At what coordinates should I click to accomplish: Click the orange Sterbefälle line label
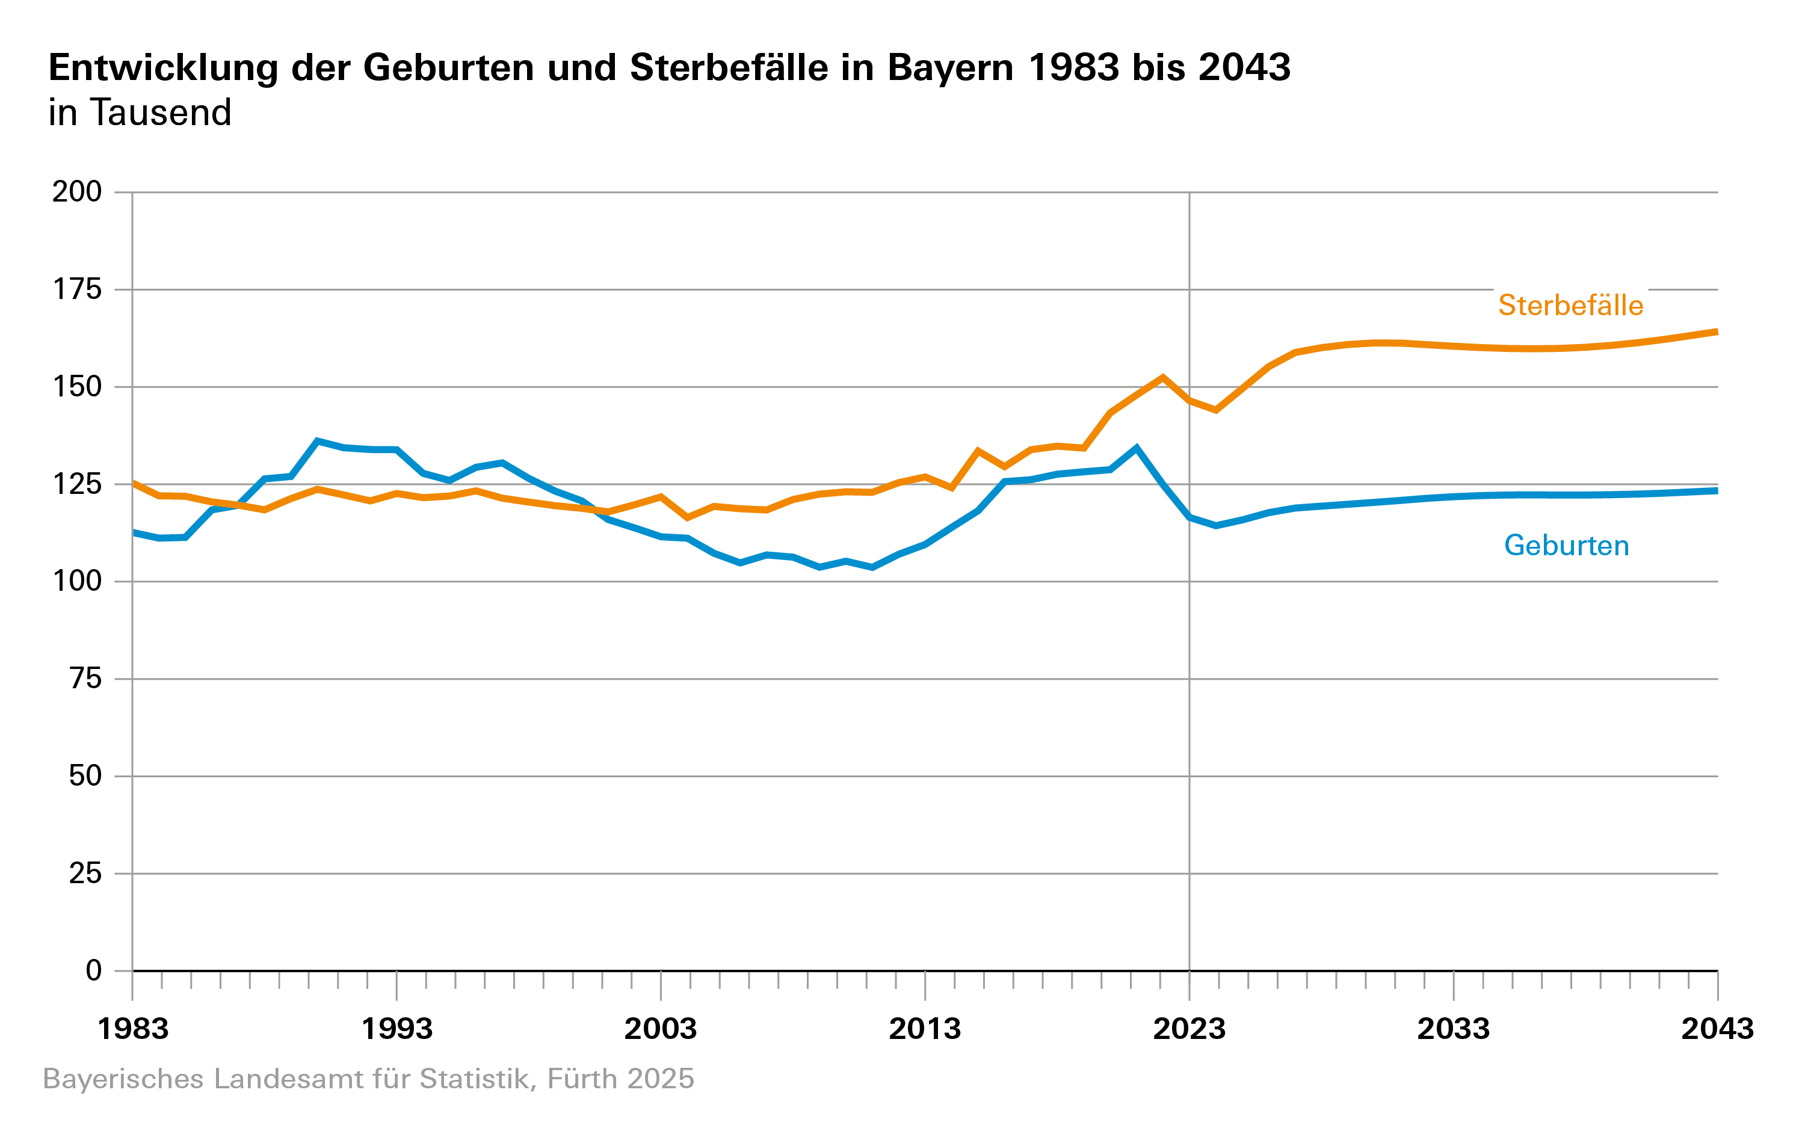(x=1570, y=305)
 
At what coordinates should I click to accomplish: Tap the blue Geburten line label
(x=1566, y=545)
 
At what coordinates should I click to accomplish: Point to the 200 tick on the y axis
(x=77, y=192)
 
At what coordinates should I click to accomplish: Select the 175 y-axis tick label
(x=77, y=289)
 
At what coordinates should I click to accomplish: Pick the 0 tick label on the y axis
(x=93, y=970)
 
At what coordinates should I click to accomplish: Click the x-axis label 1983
(x=134, y=1029)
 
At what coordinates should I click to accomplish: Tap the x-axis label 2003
(x=661, y=1029)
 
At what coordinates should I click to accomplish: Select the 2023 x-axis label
(x=1189, y=1029)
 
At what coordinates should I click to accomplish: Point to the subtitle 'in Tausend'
(x=140, y=113)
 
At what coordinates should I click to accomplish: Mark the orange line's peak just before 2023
(x=1162, y=377)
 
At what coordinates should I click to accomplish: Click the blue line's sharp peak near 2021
(x=1136, y=448)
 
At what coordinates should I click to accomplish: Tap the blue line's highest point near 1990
(x=318, y=441)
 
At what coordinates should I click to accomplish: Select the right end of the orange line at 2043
(x=1715, y=332)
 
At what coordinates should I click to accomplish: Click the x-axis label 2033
(x=1453, y=1029)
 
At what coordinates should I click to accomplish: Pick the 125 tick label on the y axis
(x=77, y=484)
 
